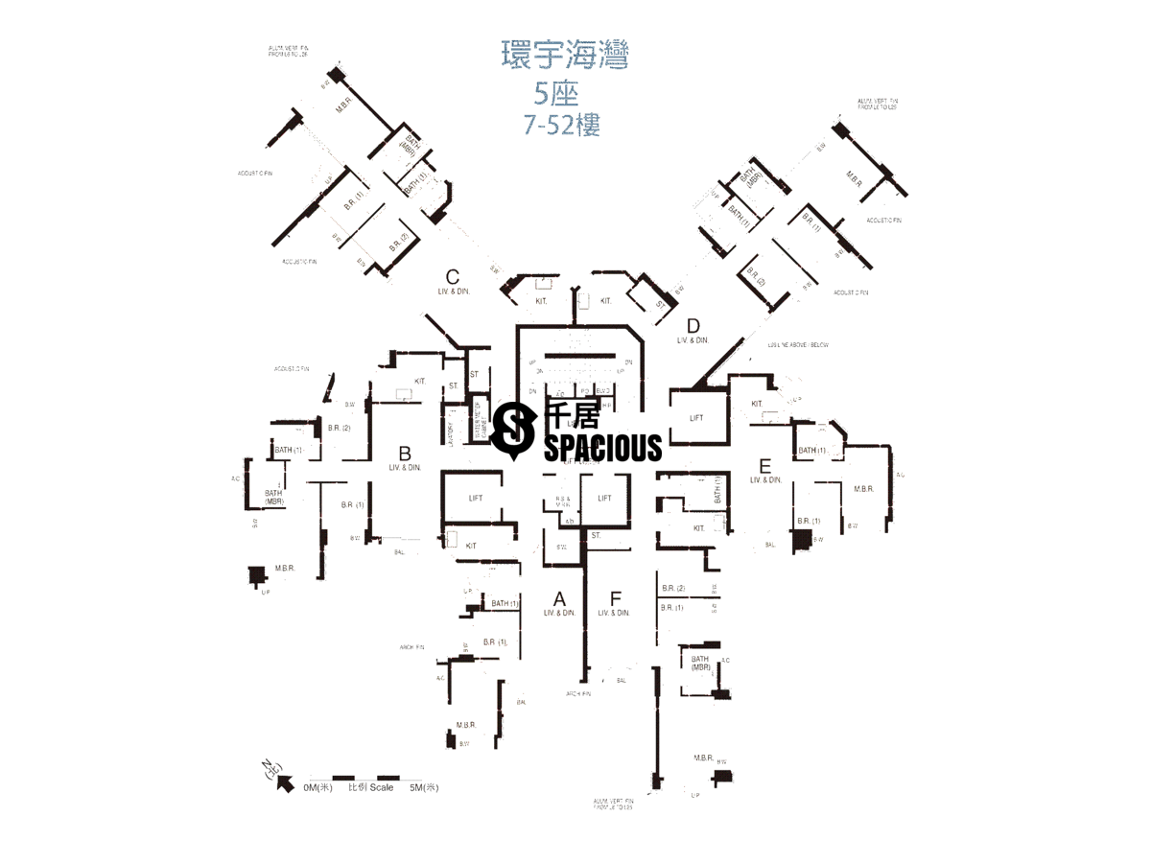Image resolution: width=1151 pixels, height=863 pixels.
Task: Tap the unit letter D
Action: coord(693,325)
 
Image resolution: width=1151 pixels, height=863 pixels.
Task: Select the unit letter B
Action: coord(405,453)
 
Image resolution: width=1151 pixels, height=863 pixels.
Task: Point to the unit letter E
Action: coord(764,465)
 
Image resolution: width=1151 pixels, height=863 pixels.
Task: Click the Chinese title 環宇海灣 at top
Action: coord(565,56)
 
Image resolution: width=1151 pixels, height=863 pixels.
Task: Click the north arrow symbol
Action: coord(284,781)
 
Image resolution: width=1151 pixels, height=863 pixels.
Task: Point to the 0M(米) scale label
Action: coord(317,788)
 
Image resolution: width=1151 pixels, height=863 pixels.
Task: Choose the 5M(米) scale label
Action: coord(423,788)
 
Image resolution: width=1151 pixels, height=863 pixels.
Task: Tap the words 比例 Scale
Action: coord(371,788)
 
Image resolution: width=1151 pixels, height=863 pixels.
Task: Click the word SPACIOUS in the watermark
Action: coord(602,447)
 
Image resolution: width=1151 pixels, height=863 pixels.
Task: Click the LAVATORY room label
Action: coord(449,428)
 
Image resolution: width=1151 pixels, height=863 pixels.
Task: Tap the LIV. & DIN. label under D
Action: coord(693,340)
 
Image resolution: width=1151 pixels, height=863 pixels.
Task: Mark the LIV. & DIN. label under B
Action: coord(405,468)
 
